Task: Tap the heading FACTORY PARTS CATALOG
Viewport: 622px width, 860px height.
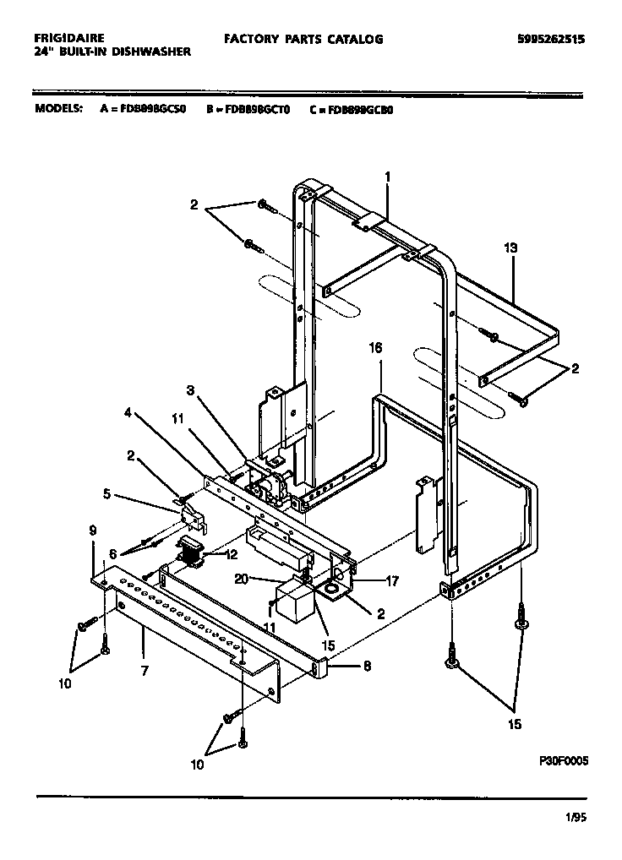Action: tap(303, 39)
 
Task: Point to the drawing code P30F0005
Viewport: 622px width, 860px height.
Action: tap(563, 759)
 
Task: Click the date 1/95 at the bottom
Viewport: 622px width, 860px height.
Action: tap(575, 817)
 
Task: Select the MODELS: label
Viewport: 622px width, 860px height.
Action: tap(58, 109)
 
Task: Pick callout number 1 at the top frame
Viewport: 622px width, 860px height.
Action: tap(387, 177)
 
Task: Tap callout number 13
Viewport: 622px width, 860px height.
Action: tap(510, 248)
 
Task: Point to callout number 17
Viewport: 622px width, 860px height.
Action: tap(390, 581)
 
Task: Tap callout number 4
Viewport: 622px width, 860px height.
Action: tap(128, 413)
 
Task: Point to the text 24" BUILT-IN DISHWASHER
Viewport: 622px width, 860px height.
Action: tap(112, 52)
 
